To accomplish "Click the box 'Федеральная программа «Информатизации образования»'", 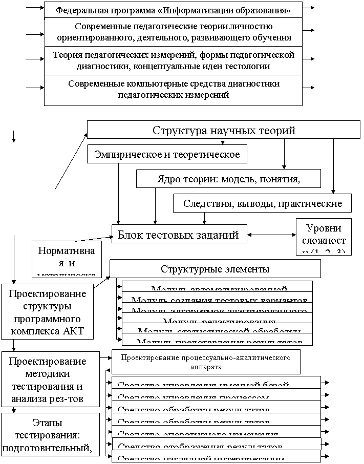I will coord(173,10).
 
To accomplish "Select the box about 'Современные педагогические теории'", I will coord(173,32).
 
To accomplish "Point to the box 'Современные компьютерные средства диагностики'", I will coord(173,89).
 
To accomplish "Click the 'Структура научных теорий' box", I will coord(224,130).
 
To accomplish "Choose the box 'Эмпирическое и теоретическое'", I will coord(167,154).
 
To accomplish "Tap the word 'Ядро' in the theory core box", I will coord(168,179).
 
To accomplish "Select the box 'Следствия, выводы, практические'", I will coord(263,203).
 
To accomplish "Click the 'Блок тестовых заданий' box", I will coord(179,235).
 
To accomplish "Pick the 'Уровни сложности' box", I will coord(324,236).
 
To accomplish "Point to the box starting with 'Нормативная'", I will coord(67,258).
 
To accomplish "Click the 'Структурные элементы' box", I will coord(215,269).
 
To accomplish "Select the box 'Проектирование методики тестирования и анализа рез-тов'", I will coord(50,379).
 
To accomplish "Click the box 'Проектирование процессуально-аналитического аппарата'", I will coord(206,362).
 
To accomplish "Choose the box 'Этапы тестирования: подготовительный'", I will coord(50,435).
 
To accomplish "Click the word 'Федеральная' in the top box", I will coord(78,10).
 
